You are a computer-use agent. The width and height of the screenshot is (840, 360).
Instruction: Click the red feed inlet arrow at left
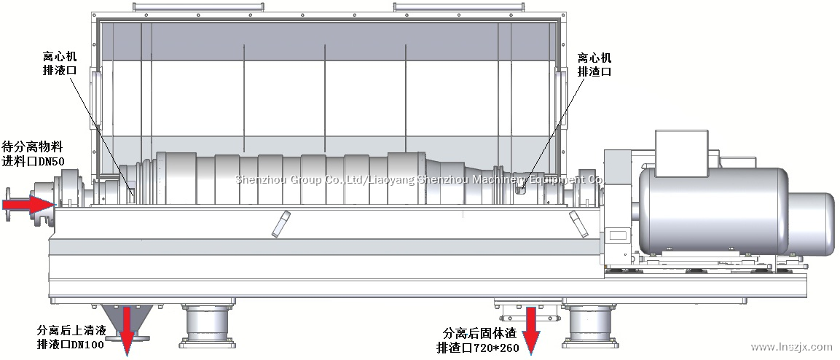pos(26,204)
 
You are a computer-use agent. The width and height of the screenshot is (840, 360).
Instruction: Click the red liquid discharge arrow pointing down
pos(128,329)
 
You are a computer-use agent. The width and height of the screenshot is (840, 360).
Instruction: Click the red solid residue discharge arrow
pos(531,329)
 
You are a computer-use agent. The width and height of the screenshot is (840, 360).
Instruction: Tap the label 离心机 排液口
pos(60,63)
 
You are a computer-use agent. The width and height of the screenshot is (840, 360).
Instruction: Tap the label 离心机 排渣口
pos(594,65)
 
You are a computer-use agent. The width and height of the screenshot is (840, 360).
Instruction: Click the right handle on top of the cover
pos(420,7)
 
